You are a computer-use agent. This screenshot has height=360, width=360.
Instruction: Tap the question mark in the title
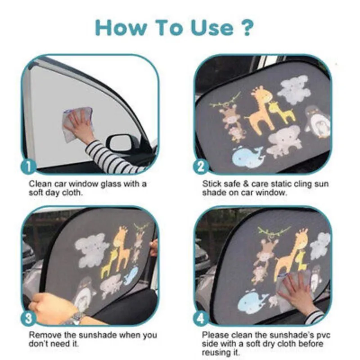tap(247, 27)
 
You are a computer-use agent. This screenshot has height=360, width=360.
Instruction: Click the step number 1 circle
tap(28, 167)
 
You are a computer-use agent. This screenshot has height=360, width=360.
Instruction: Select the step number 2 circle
tap(201, 167)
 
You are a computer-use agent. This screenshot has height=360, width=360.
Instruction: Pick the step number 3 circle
tap(28, 319)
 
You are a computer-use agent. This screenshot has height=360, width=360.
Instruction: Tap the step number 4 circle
tap(201, 319)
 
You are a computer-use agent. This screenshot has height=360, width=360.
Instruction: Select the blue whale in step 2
tap(248, 157)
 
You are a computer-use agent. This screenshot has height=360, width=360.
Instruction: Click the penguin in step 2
tap(318, 122)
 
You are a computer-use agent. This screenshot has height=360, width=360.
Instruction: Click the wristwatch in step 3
tap(76, 318)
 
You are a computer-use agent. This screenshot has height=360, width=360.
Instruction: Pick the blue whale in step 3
tap(131, 275)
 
